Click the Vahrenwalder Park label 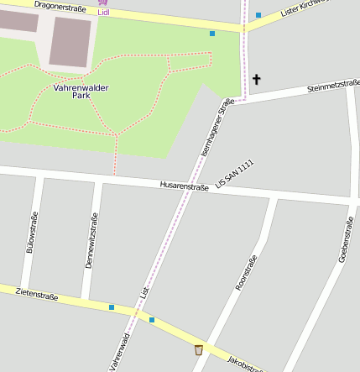pos(81,91)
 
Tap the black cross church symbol pos(256,80)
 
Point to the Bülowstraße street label pos(32,233)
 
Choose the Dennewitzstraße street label pos(91,240)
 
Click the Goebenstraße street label pos(345,239)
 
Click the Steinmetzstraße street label pos(333,85)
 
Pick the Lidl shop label pos(103,13)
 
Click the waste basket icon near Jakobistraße pos(199,349)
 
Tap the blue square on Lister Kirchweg pos(258,15)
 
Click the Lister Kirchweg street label pos(301,8)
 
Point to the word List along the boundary pos(144,294)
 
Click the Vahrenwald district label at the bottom pos(118,351)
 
